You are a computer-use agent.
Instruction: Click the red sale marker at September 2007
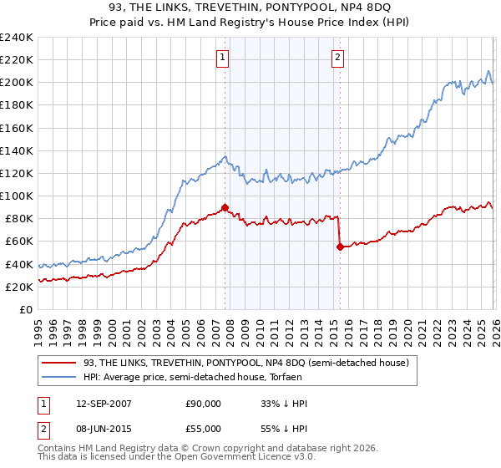tap(225, 207)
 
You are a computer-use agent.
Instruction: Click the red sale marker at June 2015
tap(340, 247)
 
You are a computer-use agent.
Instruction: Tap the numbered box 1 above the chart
tap(224, 58)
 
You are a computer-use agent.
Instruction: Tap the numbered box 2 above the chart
tap(337, 58)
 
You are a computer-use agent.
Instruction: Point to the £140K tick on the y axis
tap(17, 150)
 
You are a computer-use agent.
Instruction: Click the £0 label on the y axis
tap(25, 309)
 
